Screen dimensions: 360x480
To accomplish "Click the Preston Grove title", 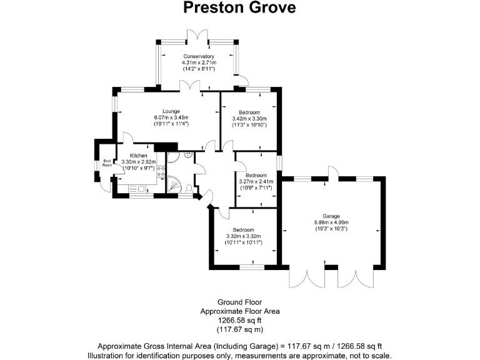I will (239, 8).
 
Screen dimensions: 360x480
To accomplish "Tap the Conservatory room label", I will (199, 56).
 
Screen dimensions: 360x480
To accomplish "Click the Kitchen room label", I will (138, 155).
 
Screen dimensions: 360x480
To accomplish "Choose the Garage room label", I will (331, 216).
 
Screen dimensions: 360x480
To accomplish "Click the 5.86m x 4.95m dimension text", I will (331, 222).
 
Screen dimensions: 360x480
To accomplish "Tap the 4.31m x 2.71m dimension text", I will (199, 62).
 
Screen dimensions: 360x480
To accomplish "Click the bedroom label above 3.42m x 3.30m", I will (249, 112).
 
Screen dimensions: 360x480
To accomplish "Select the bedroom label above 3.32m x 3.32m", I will (243, 229).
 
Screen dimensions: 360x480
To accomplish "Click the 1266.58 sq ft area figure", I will (239, 320).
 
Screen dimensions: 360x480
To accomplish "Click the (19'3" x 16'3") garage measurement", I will (331, 229).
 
